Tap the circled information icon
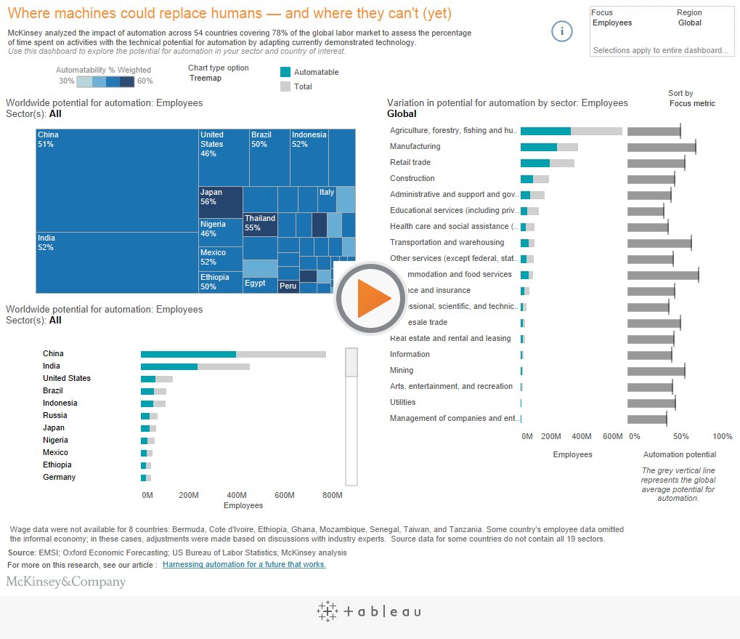tap(562, 31)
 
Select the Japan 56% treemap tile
tap(220, 202)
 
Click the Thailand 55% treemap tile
tap(260, 224)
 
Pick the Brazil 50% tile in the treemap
tap(269, 157)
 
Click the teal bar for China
tap(188, 354)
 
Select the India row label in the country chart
tap(52, 366)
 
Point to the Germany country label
tap(59, 478)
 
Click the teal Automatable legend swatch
tap(285, 72)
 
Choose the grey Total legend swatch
tap(285, 87)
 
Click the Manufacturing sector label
tap(415, 147)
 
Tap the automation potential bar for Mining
tap(655, 371)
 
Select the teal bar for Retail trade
tap(535, 163)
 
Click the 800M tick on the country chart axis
tap(332, 496)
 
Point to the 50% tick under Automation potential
tap(680, 437)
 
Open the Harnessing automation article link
tap(244, 565)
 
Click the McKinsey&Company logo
tap(66, 582)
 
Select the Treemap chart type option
tap(206, 79)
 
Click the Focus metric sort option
tap(691, 104)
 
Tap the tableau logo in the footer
tap(369, 611)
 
